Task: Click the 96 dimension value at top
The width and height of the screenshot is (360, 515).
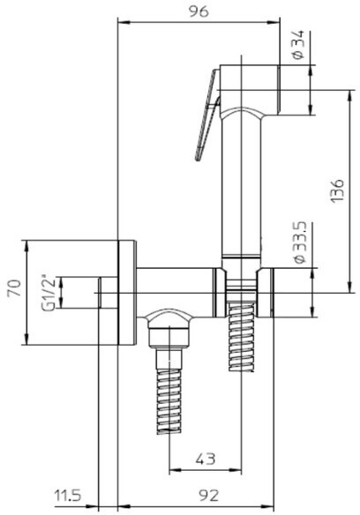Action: (199, 11)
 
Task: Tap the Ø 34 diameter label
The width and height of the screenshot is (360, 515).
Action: (298, 45)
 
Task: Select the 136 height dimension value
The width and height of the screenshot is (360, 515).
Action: (338, 190)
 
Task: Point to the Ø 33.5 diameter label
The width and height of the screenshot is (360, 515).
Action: (300, 243)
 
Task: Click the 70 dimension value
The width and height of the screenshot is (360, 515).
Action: (15, 288)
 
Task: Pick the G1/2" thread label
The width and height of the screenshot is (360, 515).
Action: (49, 292)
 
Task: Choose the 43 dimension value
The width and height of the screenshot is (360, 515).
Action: (206, 459)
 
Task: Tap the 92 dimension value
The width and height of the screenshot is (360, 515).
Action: (209, 496)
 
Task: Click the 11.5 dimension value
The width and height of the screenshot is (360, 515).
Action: (68, 496)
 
